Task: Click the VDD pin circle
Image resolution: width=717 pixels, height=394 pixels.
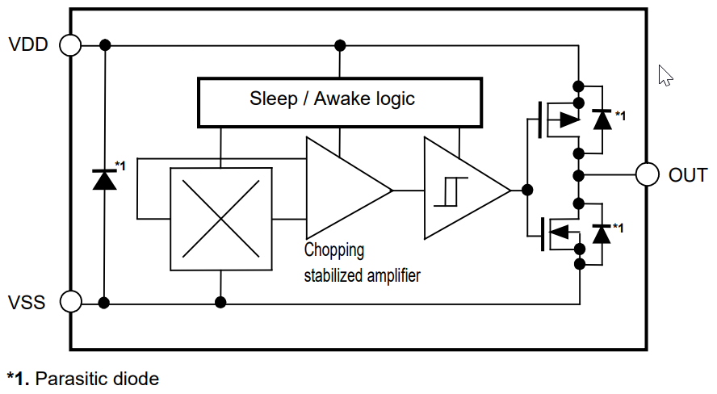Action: click(x=71, y=45)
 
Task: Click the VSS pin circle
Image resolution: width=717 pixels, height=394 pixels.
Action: click(x=71, y=303)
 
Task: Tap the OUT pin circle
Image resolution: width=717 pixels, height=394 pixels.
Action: click(x=647, y=174)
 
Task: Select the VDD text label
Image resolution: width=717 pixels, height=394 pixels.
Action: click(x=28, y=45)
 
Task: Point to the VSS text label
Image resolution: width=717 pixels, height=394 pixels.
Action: click(x=27, y=304)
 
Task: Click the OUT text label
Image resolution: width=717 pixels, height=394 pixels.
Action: click(x=687, y=175)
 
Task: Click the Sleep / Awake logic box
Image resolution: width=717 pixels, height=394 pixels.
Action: click(x=340, y=102)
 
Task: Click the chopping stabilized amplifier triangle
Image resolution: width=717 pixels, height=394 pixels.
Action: click(x=342, y=191)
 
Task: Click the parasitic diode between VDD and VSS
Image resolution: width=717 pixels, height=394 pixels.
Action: click(x=105, y=179)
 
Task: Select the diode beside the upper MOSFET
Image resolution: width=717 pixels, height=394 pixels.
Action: click(x=602, y=119)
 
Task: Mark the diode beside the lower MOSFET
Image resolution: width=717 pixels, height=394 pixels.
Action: click(x=602, y=233)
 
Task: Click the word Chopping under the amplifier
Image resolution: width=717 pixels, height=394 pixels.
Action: click(x=334, y=250)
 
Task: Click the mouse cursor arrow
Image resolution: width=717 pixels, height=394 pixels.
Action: click(x=665, y=75)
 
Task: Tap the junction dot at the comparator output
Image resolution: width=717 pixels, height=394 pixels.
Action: click(x=527, y=191)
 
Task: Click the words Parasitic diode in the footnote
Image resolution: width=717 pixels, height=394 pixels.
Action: click(x=98, y=378)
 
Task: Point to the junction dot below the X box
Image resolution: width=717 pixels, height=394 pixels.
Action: click(x=220, y=303)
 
